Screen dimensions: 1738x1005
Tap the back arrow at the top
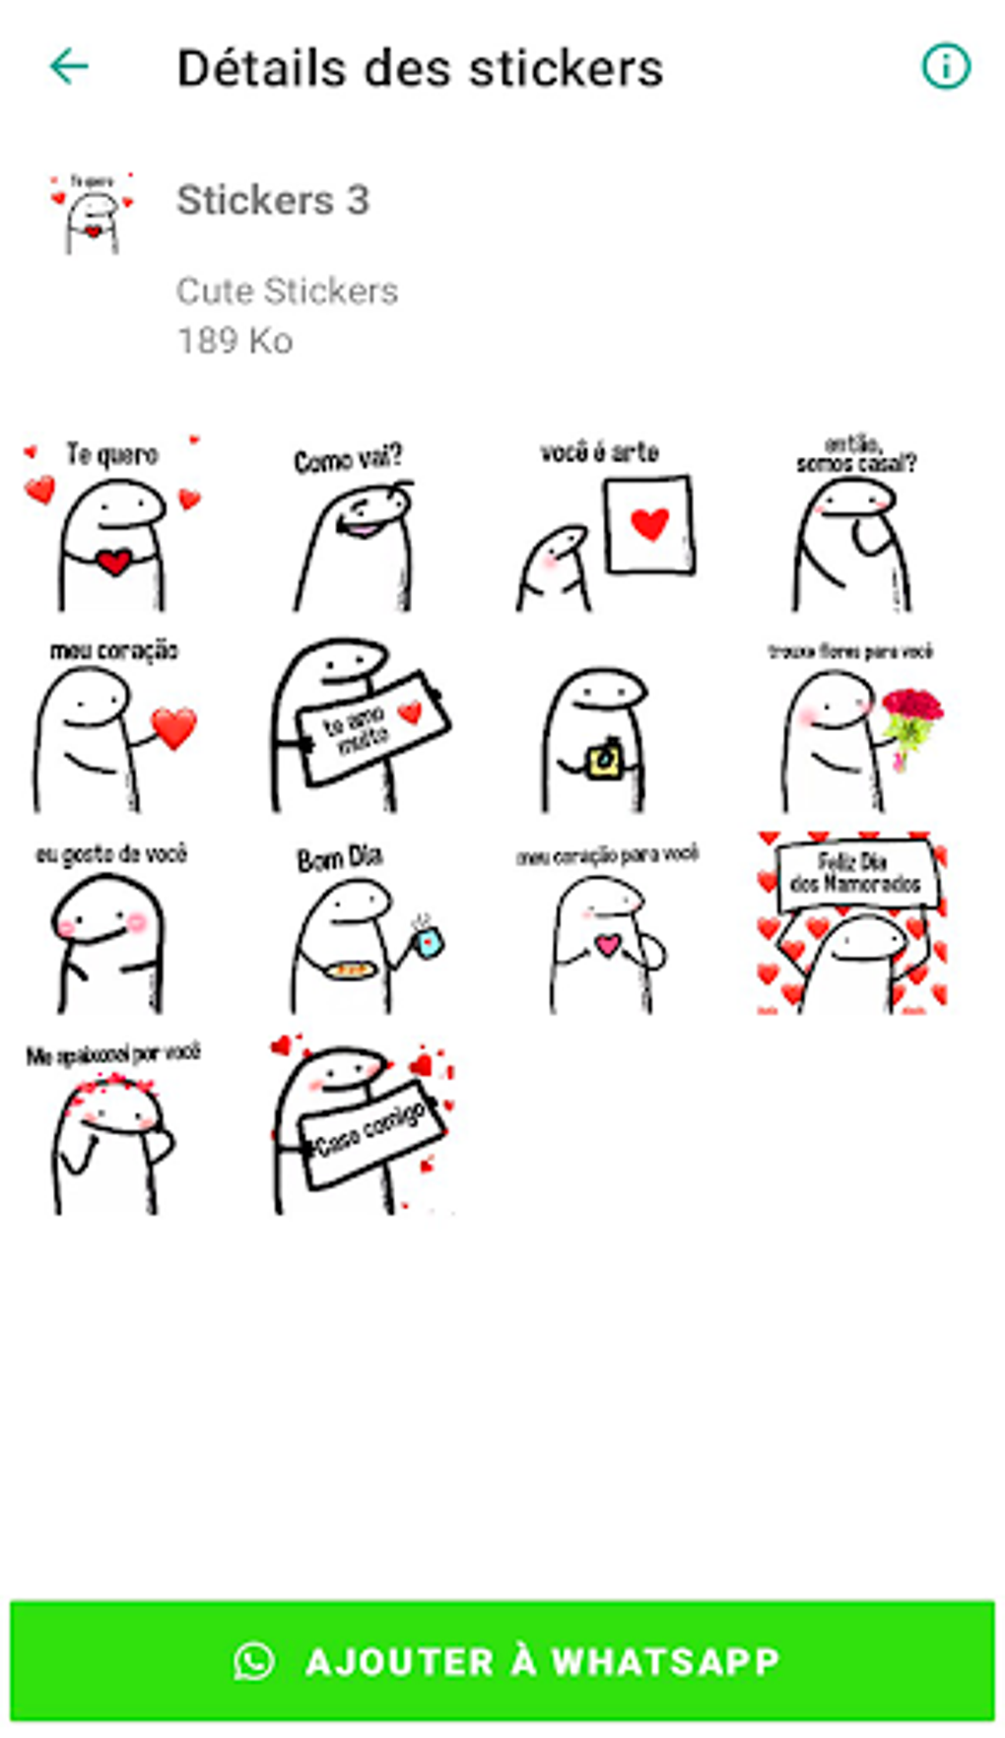point(69,67)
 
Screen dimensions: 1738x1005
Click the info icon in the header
point(945,67)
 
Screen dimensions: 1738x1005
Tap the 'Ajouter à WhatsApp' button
point(502,1661)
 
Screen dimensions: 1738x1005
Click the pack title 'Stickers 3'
point(273,200)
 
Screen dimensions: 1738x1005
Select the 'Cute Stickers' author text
point(287,291)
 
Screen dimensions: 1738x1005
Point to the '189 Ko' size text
point(234,341)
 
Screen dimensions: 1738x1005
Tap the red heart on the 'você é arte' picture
point(649,523)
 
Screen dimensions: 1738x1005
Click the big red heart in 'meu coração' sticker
point(174,727)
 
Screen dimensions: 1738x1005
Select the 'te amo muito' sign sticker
point(360,726)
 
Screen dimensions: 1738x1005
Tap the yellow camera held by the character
point(602,761)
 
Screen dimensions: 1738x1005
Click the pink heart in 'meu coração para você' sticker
point(608,945)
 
